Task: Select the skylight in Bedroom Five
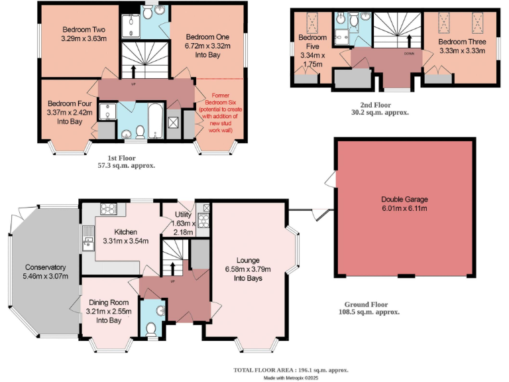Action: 313,23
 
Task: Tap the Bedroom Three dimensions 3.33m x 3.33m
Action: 462,50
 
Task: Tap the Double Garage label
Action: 404,199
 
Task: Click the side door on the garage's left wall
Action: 329,178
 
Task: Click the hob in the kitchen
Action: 108,209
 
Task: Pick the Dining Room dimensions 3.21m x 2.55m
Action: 109,310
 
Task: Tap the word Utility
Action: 183,215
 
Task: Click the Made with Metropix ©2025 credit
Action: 291,377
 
